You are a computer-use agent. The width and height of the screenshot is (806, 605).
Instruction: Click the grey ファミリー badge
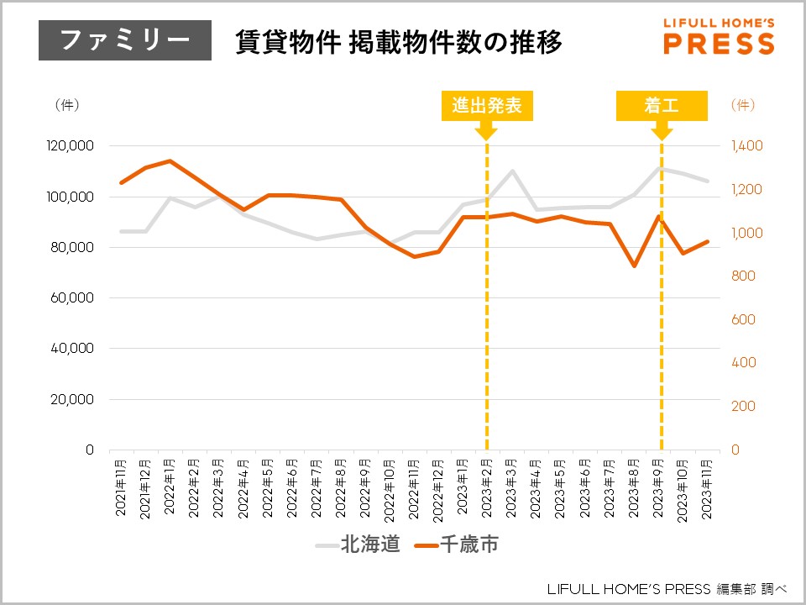pos(125,40)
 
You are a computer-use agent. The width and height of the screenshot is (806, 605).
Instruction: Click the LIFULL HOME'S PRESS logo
pos(719,36)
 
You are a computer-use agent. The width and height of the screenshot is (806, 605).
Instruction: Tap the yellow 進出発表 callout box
pos(487,105)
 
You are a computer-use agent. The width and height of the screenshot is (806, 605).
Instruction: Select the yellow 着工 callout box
pos(662,105)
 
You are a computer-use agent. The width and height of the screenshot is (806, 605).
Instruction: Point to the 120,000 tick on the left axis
pos(71,146)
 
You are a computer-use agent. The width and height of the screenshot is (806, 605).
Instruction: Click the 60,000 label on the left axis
pos(74,298)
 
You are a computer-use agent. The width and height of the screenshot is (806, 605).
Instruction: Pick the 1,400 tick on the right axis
pos(746,146)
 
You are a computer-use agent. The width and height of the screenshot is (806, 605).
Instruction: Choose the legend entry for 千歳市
pos(458,544)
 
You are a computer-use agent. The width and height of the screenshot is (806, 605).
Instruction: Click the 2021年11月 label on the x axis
pos(123,477)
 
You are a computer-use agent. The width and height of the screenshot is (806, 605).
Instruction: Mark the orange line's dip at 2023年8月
pos(635,266)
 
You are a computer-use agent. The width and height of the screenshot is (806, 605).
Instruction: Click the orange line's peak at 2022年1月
pos(170,160)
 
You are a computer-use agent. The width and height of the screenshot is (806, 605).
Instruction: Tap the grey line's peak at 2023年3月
pos(512,171)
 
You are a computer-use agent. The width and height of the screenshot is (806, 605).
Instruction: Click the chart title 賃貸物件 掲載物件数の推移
pos(399,40)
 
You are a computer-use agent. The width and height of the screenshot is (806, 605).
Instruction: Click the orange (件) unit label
pos(743,105)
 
